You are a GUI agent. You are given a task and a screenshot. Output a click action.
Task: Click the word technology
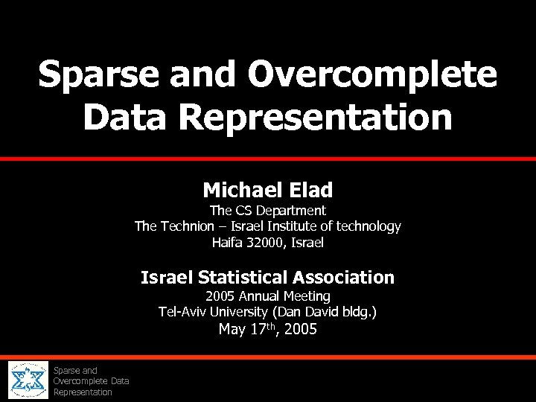[x=368, y=226]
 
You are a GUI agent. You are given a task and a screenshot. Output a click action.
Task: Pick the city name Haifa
[x=228, y=243]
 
